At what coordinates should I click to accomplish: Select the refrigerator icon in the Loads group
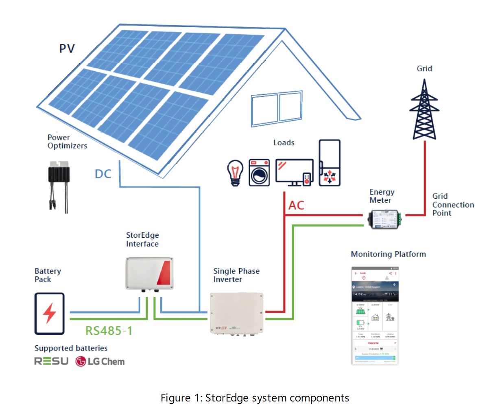330,163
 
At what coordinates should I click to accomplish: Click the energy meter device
384,218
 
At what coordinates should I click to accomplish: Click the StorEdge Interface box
150,273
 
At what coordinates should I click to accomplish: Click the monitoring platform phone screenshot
374,316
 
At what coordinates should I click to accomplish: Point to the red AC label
296,205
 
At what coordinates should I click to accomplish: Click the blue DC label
103,174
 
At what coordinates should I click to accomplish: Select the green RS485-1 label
109,330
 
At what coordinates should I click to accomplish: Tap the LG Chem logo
100,361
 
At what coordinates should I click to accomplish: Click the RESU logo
51,361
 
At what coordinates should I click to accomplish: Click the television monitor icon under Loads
294,172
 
